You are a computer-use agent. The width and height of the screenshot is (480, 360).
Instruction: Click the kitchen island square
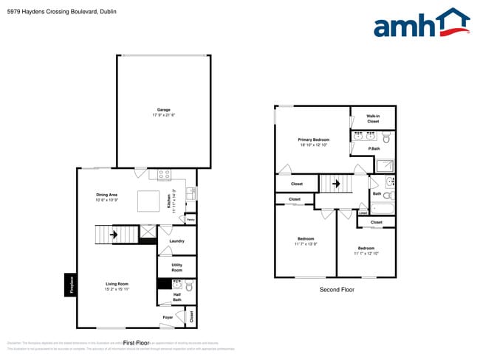pyautogui.click(x=148, y=201)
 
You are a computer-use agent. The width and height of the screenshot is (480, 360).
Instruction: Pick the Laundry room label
pyautogui.click(x=176, y=241)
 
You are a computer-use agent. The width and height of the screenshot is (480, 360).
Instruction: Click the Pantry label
pyautogui.click(x=190, y=219)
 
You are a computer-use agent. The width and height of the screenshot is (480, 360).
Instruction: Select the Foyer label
pyautogui.click(x=168, y=318)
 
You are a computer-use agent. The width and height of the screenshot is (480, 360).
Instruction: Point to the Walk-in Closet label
pyautogui.click(x=374, y=119)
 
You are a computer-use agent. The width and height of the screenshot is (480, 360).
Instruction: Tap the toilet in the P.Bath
pyautogui.click(x=386, y=136)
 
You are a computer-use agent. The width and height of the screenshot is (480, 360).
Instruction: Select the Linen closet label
pyautogui.click(x=363, y=212)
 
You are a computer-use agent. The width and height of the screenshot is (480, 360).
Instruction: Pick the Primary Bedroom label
pyautogui.click(x=313, y=139)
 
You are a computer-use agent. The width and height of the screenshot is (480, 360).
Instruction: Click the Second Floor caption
pyautogui.click(x=336, y=290)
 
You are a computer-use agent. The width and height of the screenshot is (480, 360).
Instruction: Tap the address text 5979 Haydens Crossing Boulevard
pyautogui.click(x=52, y=13)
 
